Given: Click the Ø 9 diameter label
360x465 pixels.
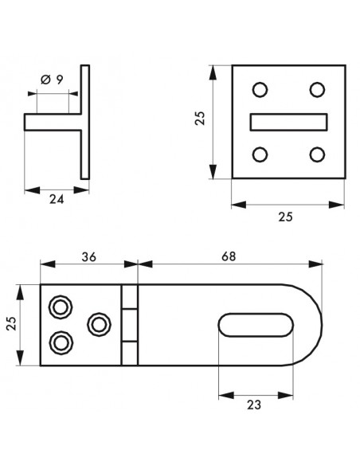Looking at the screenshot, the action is click(x=52, y=80).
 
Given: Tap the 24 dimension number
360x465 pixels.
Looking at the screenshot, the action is click(x=57, y=199).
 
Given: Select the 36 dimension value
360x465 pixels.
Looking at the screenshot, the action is click(x=89, y=257).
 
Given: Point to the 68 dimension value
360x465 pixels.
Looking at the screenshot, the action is click(x=229, y=256).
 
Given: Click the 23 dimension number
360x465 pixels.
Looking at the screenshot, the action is click(x=254, y=404).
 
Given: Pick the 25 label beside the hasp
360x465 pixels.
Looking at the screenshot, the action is click(x=11, y=323).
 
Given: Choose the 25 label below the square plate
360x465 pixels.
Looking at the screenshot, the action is click(x=285, y=217).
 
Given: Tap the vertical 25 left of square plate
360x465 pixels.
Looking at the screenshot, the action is click(x=200, y=118).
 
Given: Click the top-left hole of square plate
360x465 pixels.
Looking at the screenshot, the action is click(x=260, y=89).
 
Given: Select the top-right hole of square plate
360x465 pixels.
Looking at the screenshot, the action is click(x=317, y=89).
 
